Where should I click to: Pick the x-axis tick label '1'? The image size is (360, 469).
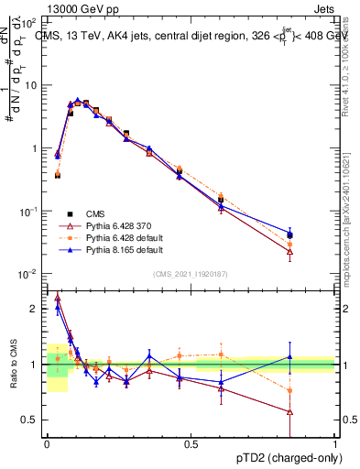(335, 444)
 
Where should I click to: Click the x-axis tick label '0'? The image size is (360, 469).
(47, 444)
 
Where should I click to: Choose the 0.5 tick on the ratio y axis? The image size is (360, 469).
(33, 420)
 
